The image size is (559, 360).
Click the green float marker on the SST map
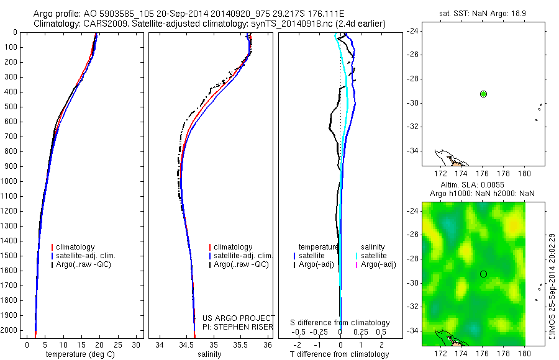(483, 94)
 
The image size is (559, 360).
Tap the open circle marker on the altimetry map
(483, 274)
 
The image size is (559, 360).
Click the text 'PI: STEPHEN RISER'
(240, 326)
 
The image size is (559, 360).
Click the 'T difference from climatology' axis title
(340, 354)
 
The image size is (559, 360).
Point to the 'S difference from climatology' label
(340, 323)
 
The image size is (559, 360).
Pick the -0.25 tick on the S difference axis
(320, 332)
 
